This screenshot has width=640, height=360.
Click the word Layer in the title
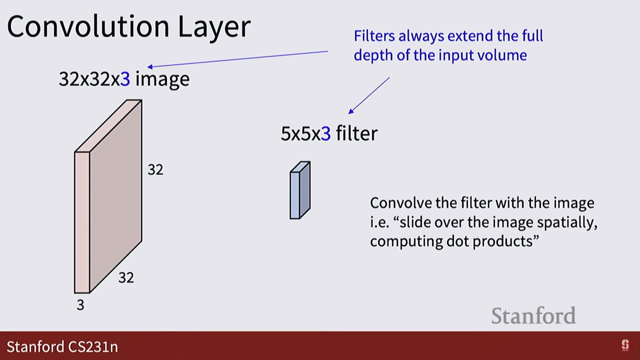tap(214, 28)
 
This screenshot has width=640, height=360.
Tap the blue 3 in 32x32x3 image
tap(125, 79)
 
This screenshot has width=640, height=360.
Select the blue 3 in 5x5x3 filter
tap(326, 133)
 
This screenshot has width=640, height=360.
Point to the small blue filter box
tap(300, 190)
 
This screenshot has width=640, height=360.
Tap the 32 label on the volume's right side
tap(156, 170)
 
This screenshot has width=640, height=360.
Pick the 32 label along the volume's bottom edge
tap(126, 278)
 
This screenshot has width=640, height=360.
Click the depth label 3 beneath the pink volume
tap(81, 305)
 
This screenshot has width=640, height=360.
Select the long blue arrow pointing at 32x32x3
tap(238, 59)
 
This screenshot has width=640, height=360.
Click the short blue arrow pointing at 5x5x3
tap(369, 95)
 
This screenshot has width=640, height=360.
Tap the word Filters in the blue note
tap(374, 36)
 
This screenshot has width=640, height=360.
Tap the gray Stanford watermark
tap(533, 316)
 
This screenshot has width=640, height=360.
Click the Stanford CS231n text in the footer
tap(62, 347)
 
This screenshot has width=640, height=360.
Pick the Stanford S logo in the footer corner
tap(625, 345)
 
